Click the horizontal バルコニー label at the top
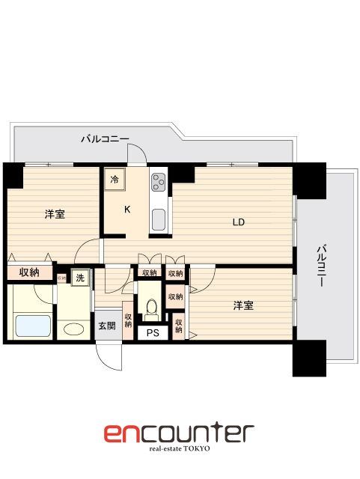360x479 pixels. pyautogui.click(x=105, y=138)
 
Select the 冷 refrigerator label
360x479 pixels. pyautogui.click(x=115, y=179)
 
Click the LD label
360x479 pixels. pyautogui.click(x=238, y=222)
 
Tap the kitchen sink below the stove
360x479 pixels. pyautogui.click(x=159, y=219)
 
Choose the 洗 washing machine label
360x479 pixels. pyautogui.click(x=79, y=278)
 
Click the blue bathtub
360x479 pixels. pyautogui.click(x=32, y=326)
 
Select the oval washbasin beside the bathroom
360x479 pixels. pyautogui.click(x=73, y=329)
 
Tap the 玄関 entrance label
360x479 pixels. pyautogui.click(x=106, y=326)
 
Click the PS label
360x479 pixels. pyautogui.click(x=153, y=334)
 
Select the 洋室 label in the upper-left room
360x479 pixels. pyautogui.click(x=54, y=215)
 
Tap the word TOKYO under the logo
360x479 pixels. pyautogui.click(x=197, y=449)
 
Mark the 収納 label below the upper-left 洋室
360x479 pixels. pyautogui.click(x=28, y=272)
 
